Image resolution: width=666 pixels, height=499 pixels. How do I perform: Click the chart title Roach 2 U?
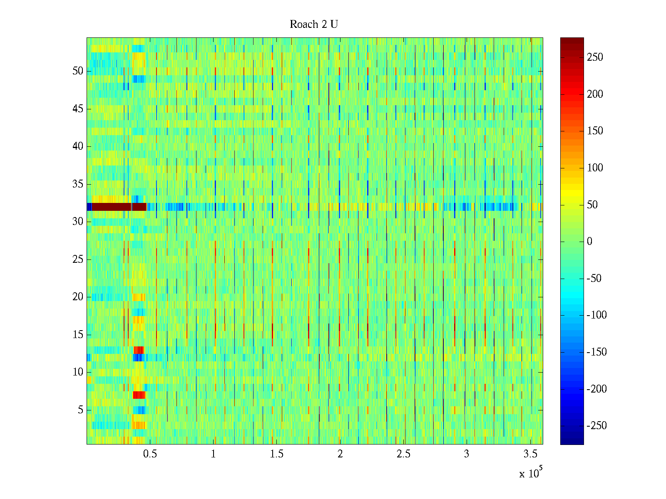coord(313,25)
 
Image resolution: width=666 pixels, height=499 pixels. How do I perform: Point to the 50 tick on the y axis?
coord(78,71)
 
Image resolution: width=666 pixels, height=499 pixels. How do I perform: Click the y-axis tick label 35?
coord(78,184)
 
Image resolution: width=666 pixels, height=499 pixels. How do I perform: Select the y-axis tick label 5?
coord(80,410)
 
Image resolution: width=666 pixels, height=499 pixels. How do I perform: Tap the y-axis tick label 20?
coord(78,297)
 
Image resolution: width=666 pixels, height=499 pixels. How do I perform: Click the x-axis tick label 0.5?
coord(150,454)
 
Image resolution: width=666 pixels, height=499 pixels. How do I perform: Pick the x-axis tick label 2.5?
coord(403,454)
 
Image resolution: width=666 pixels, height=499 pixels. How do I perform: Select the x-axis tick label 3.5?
coord(530,454)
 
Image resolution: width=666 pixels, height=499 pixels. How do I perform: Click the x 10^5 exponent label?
coord(531,473)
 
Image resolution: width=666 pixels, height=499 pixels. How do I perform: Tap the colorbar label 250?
coord(595,57)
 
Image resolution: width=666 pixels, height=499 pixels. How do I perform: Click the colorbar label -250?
coord(596,426)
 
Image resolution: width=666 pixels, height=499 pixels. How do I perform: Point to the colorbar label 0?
coord(589,242)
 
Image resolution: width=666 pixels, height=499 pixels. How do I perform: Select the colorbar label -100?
coord(596,315)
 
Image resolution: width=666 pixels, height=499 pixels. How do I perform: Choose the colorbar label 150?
coord(595,131)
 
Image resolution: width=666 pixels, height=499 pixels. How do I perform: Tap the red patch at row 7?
coord(139,395)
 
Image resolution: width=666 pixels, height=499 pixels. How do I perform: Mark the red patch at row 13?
coord(139,350)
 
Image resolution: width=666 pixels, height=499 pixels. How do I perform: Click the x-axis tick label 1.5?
coord(277,454)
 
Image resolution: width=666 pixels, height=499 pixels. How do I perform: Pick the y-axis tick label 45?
coord(78,109)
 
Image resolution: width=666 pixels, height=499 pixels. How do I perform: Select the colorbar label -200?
coord(596,389)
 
